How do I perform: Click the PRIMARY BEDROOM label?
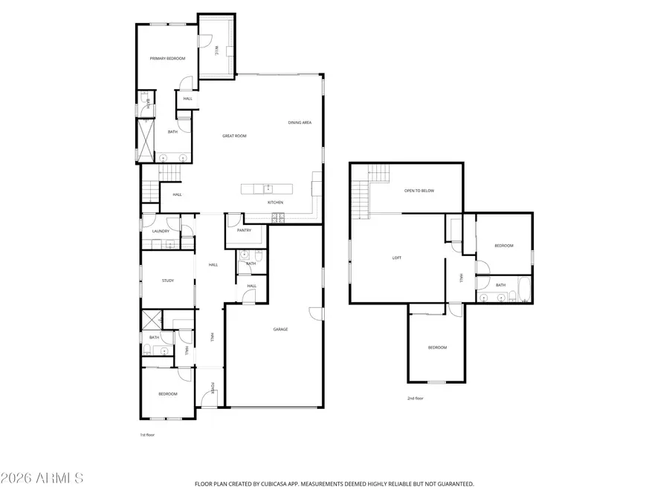click(167, 58)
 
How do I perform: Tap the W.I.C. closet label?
click(216, 50)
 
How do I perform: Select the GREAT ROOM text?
click(234, 136)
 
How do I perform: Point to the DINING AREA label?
click(300, 122)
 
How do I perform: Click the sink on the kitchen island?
click(268, 189)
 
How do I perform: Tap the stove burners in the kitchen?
click(279, 217)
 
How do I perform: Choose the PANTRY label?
click(244, 230)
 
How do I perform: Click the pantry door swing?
click(233, 220)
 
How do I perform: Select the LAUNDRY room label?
click(161, 231)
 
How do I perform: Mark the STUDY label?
click(168, 281)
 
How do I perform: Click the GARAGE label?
click(280, 329)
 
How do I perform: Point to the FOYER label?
click(213, 387)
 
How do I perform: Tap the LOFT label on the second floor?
click(397, 258)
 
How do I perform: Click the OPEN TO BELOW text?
click(418, 191)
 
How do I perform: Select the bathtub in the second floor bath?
click(523, 290)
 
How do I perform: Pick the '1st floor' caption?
click(146, 435)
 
